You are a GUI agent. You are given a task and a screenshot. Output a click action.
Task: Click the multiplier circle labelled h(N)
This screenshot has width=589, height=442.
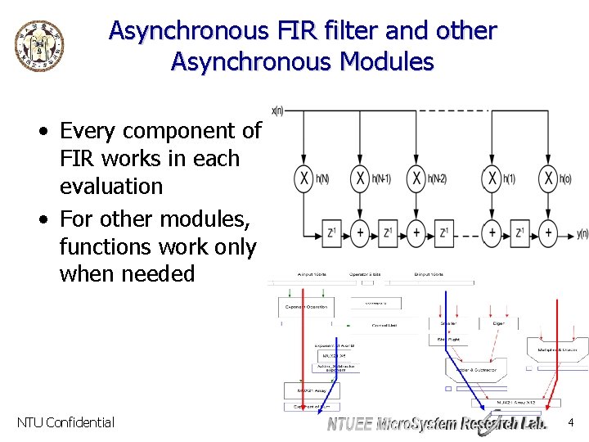click(x=304, y=178)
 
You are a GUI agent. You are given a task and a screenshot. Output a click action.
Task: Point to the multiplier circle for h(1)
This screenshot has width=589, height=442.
click(x=491, y=178)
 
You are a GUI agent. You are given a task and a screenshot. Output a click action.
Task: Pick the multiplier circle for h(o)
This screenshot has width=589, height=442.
click(x=547, y=178)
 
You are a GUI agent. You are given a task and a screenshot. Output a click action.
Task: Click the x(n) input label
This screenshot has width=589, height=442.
click(x=277, y=110)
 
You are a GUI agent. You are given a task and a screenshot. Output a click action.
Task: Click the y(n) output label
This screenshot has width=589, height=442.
click(x=582, y=233)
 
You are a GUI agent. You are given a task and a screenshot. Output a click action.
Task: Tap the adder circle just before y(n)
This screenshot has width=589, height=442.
click(x=547, y=232)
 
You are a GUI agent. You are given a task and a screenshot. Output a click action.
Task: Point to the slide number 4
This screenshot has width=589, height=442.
click(x=571, y=422)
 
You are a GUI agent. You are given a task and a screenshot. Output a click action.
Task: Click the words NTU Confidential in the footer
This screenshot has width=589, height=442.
click(x=65, y=422)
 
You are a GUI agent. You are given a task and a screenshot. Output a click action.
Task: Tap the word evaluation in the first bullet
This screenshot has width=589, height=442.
click(x=111, y=186)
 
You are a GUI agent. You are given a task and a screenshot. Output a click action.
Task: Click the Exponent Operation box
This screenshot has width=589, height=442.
click(x=306, y=307)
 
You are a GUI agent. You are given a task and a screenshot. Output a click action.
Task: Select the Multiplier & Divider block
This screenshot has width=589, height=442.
click(x=557, y=350)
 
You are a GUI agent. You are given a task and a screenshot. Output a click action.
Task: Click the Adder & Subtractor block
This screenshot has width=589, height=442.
click(x=476, y=367)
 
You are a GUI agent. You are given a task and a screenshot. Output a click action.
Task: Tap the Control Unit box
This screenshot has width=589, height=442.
click(x=384, y=325)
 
